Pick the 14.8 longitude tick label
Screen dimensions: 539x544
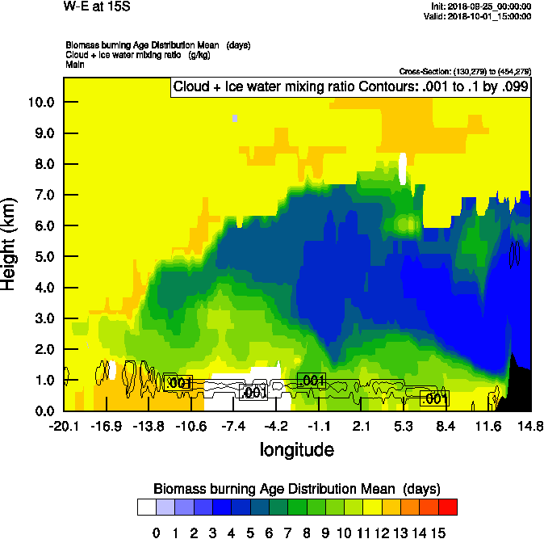tap(529, 426)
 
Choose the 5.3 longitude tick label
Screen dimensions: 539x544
tap(403, 426)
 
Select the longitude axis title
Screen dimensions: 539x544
tap(297, 448)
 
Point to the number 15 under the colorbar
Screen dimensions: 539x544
tap(437, 533)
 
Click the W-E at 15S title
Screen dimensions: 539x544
tap(98, 7)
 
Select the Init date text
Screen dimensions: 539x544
tap(482, 6)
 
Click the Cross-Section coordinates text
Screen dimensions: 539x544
tap(464, 72)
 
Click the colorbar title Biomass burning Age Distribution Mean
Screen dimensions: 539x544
tap(297, 489)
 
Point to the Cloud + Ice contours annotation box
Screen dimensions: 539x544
tap(349, 87)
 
